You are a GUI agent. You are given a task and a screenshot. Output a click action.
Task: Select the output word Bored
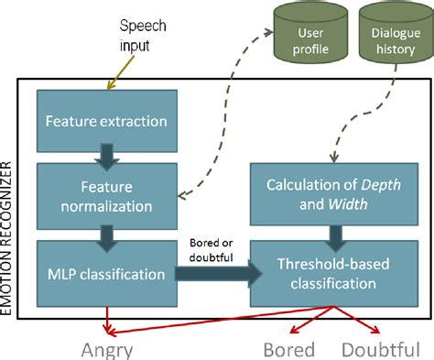coord(289,349)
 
